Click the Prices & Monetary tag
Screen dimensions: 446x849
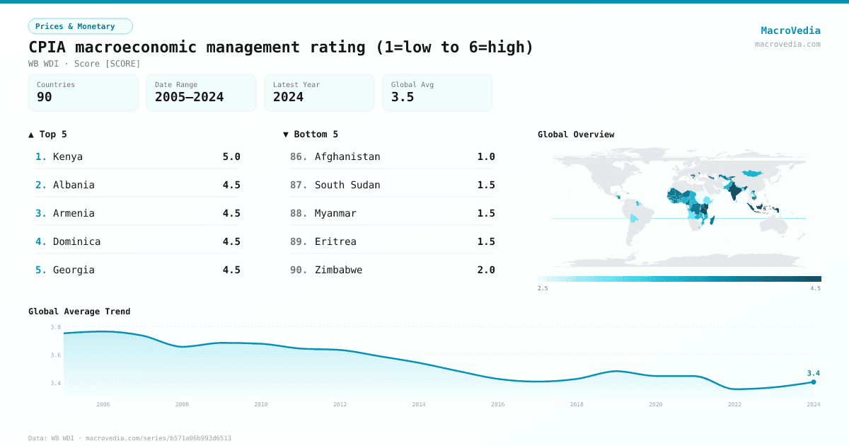click(x=80, y=26)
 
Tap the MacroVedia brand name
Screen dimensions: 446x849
click(x=790, y=30)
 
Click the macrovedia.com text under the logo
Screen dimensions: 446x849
click(x=787, y=44)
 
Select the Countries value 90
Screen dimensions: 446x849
click(x=45, y=97)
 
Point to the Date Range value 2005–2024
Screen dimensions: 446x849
click(x=189, y=97)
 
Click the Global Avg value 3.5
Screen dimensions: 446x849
click(x=403, y=97)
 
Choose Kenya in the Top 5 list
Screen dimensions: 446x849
click(x=68, y=156)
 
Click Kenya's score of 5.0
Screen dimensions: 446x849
click(x=231, y=156)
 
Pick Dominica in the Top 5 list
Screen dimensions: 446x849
click(x=76, y=241)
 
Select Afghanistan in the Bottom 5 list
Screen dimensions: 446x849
click(x=347, y=156)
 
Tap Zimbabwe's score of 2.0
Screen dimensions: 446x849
click(x=486, y=270)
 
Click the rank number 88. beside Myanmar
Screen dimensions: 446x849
click(x=299, y=213)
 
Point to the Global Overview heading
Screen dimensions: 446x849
click(x=576, y=135)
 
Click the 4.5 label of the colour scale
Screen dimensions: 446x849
click(x=815, y=288)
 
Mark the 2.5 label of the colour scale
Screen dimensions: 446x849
click(x=543, y=288)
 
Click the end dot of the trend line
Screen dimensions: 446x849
click(x=814, y=382)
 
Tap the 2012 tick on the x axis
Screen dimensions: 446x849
click(x=340, y=404)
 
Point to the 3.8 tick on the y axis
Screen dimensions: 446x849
click(x=56, y=327)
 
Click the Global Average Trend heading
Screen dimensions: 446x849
click(x=79, y=311)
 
